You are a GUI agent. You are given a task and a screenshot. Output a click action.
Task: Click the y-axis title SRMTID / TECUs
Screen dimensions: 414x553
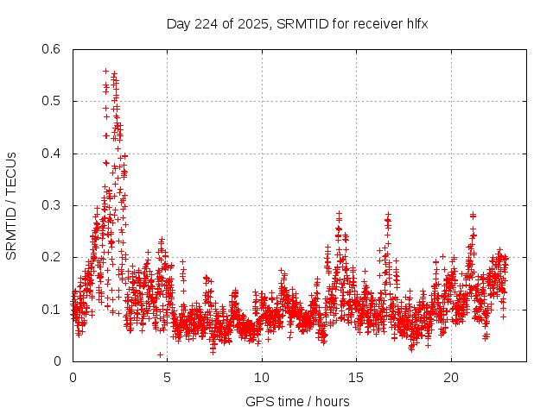click(x=11, y=205)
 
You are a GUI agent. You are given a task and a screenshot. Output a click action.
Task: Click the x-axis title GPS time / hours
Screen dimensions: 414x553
click(x=297, y=401)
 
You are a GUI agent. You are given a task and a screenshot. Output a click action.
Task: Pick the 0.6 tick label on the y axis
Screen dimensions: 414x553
click(x=50, y=49)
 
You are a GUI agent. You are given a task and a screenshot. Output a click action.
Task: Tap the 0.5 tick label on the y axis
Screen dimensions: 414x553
click(x=50, y=101)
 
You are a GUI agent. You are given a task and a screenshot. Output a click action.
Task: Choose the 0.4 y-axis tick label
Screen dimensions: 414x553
click(x=50, y=154)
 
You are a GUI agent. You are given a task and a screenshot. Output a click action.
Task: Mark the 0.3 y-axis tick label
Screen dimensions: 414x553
click(x=50, y=205)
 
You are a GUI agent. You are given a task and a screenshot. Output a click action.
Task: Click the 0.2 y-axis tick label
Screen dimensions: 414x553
click(x=50, y=257)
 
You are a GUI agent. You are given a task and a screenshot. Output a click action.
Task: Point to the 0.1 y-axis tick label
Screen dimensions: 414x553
click(x=50, y=310)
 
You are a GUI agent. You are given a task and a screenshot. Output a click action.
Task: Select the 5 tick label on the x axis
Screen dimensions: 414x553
click(x=168, y=378)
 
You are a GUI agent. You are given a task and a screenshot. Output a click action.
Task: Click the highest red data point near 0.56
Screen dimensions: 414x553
click(x=105, y=71)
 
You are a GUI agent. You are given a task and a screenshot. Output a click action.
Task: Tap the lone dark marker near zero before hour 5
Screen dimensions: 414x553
click(x=160, y=354)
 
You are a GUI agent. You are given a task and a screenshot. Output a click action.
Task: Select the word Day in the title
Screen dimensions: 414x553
click(x=178, y=23)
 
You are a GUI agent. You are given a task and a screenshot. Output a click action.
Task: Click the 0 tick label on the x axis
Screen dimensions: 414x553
click(x=73, y=378)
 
